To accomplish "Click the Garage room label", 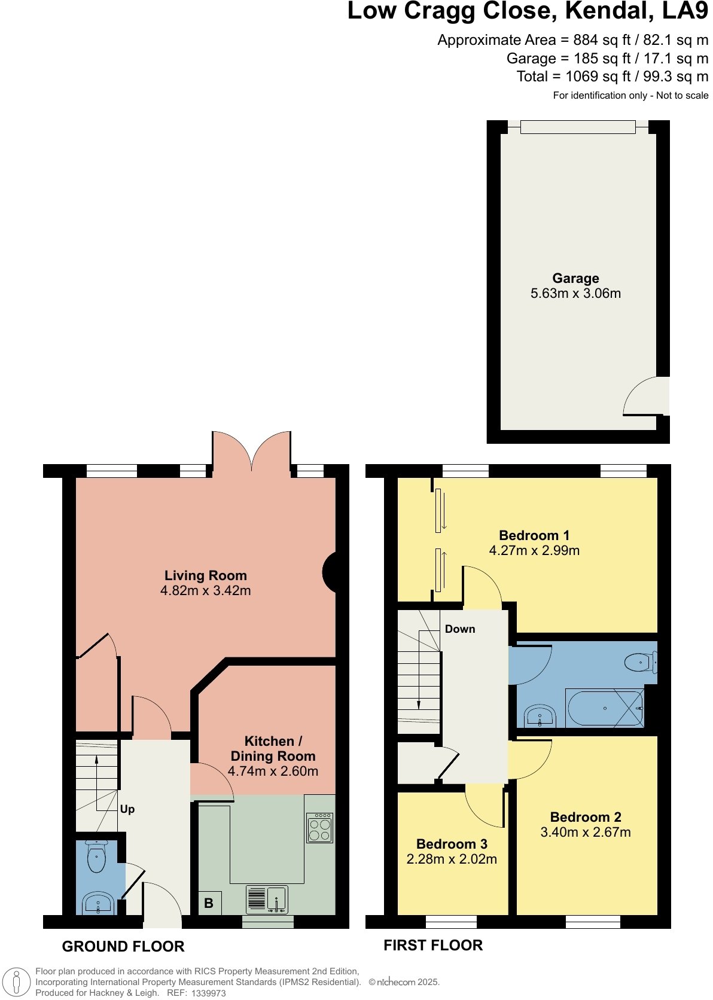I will pyautogui.click(x=575, y=278).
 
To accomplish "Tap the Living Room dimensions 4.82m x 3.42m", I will pyautogui.click(x=206, y=591).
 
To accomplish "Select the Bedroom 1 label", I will pyautogui.click(x=534, y=535).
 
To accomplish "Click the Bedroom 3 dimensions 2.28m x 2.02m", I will pyautogui.click(x=452, y=859).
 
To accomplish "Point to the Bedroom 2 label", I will pyautogui.click(x=586, y=817).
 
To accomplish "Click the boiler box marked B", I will pyautogui.click(x=209, y=903).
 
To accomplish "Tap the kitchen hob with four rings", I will pyautogui.click(x=319, y=828).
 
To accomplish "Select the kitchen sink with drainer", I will pyautogui.click(x=267, y=899).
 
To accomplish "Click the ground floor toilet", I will pyautogui.click(x=96, y=856).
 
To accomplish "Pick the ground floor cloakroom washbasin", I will pyautogui.click(x=97, y=903).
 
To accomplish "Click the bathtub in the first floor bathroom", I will pyautogui.click(x=605, y=709).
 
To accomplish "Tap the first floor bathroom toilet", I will pyautogui.click(x=640, y=662).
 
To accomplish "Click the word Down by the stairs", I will pyautogui.click(x=460, y=629).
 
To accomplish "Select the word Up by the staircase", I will pyautogui.click(x=127, y=809).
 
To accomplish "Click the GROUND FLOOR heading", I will pyautogui.click(x=123, y=946).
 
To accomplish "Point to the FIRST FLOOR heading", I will pyautogui.click(x=433, y=945).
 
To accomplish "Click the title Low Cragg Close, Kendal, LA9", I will pyautogui.click(x=527, y=11).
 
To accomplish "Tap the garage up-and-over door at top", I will pyautogui.click(x=577, y=127).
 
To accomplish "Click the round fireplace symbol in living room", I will pyautogui.click(x=330, y=572).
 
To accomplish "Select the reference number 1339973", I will pyautogui.click(x=208, y=993).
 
